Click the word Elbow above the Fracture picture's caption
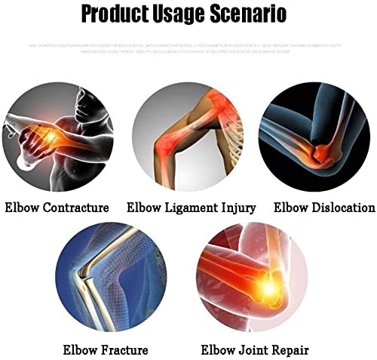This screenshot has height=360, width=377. pos(78,349)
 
